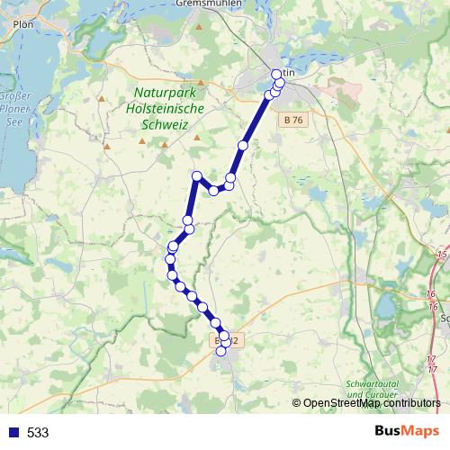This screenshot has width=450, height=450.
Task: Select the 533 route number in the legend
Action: (x=38, y=433)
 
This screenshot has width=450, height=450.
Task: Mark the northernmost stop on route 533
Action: (x=276, y=74)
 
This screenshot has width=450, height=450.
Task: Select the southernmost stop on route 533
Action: (x=221, y=351)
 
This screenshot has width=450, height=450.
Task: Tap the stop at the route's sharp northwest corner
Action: (x=196, y=175)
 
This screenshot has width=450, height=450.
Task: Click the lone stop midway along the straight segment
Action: (x=242, y=145)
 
